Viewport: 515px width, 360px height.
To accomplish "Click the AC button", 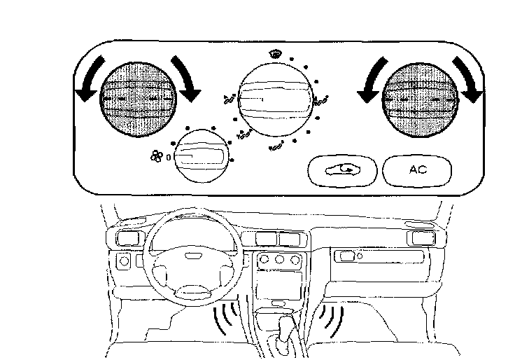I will (x=418, y=169).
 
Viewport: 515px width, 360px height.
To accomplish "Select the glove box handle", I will (x=346, y=256).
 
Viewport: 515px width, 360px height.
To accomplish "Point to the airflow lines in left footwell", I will (x=226, y=319).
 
